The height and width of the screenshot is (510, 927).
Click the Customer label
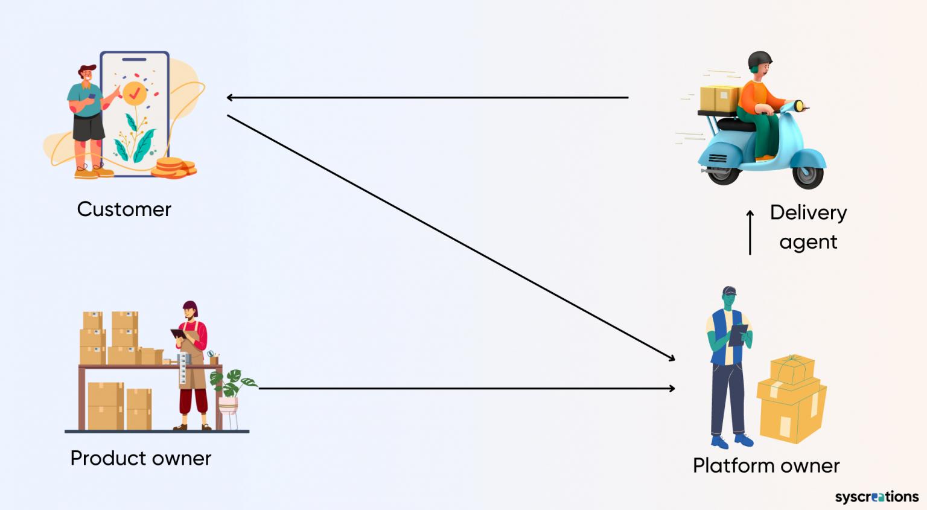(124, 209)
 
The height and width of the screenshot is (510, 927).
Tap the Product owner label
(141, 458)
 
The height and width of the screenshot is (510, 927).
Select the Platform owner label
(766, 466)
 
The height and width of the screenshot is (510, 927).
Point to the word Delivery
(808, 212)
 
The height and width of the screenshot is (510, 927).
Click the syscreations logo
(876, 497)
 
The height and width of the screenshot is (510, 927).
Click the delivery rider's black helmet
(759, 60)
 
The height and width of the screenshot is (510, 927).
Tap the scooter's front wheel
(808, 174)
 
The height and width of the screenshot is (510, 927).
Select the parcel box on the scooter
(719, 98)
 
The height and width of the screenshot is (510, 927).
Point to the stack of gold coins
(173, 168)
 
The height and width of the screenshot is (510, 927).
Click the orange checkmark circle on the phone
(135, 94)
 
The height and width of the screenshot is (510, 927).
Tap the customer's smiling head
(88, 75)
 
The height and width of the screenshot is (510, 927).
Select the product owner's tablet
(178, 334)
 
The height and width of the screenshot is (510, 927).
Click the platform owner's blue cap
(730, 291)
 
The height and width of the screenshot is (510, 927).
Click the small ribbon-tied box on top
(792, 369)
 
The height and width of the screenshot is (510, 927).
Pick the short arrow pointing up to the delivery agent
(750, 232)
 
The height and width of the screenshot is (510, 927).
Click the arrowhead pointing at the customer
(230, 97)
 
